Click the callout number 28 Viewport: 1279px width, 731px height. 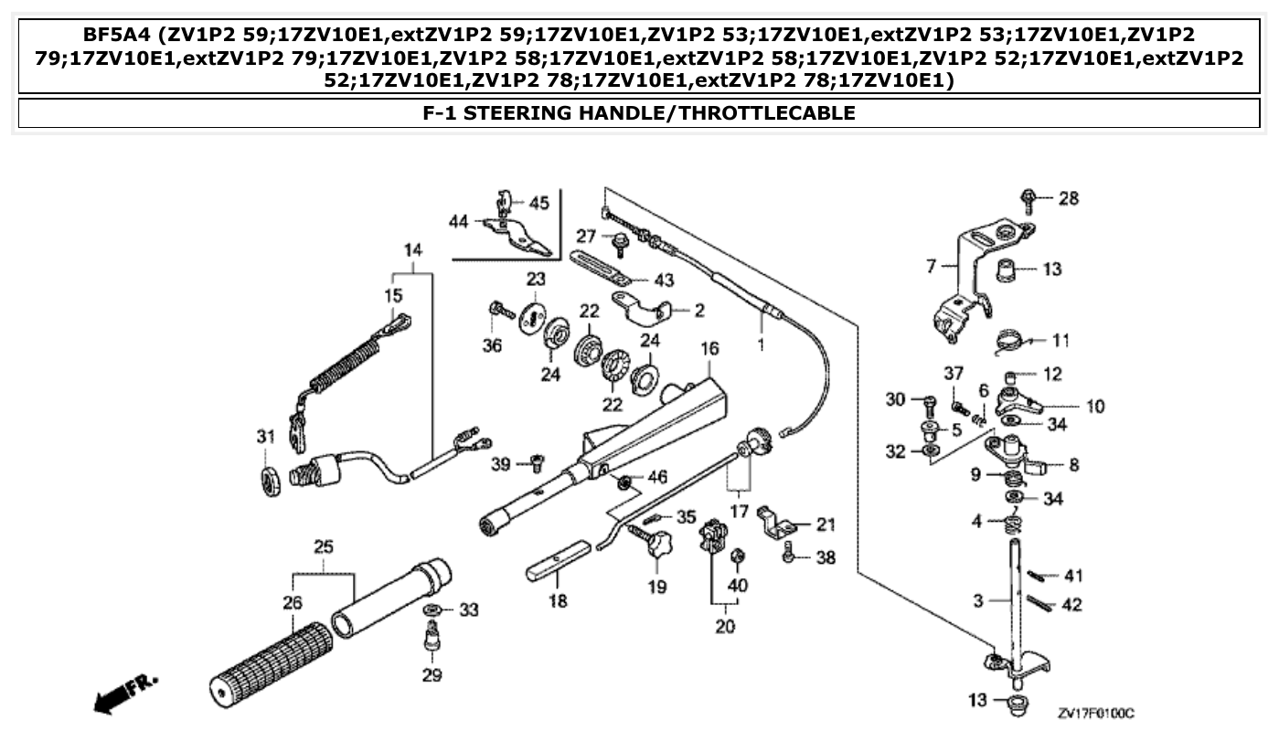[x=1069, y=198]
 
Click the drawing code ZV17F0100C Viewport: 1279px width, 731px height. [x=1101, y=712]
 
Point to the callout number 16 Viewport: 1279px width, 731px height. [x=709, y=348]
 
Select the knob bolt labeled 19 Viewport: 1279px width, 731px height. [x=656, y=549]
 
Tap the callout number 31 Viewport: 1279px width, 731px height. [x=265, y=438]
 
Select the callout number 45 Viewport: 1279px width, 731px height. [x=538, y=202]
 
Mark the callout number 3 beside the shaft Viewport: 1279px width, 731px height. [x=978, y=600]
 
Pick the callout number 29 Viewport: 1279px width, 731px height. [x=432, y=675]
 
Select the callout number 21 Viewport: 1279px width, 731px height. [x=825, y=524]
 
